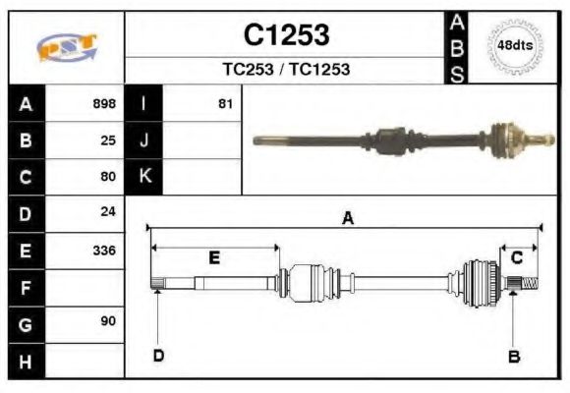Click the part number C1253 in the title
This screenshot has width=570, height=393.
point(286,35)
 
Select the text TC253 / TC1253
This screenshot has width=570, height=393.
point(286,70)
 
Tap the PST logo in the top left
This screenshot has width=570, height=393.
point(66,47)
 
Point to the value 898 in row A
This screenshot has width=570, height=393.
point(103,103)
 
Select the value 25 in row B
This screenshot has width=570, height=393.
point(108,140)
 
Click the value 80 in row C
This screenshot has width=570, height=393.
point(108,177)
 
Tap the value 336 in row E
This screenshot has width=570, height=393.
point(103,251)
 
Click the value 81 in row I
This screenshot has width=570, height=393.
point(225,103)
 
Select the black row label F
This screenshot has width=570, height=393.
point(26,288)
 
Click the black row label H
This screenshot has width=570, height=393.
point(26,361)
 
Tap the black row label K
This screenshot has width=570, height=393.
point(143,177)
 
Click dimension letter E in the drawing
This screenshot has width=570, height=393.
point(213,257)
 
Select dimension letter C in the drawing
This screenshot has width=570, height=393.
point(516,257)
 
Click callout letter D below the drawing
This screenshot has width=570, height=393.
point(157,356)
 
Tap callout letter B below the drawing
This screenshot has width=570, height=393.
point(513,356)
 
